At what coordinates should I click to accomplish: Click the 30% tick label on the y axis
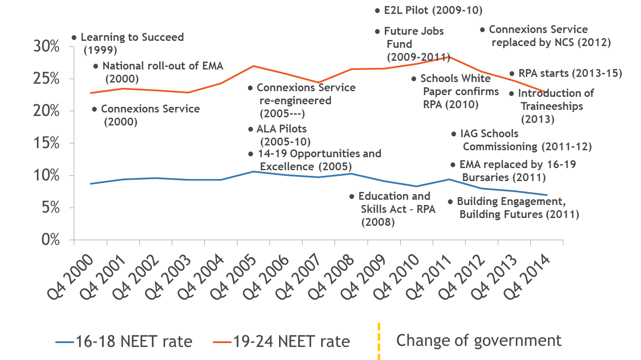point(46,46)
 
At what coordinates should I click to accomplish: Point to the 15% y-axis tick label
point(46,143)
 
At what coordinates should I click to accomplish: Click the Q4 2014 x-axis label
point(527,277)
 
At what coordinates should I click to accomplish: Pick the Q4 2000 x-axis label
point(70,277)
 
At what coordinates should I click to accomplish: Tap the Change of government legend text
point(479,341)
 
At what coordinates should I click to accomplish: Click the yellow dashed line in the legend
point(379,341)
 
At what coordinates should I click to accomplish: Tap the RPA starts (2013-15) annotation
point(570,73)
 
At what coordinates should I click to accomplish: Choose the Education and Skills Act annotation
point(395,209)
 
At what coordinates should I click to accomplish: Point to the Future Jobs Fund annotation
point(414,43)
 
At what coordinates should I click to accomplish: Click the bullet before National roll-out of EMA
point(96,66)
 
